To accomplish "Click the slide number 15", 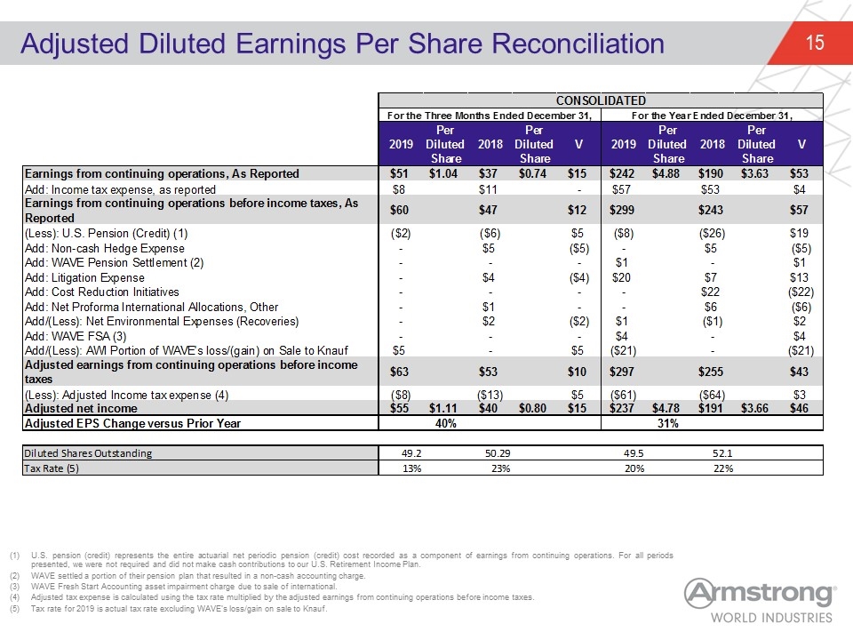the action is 815,43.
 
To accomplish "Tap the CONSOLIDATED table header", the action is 601,100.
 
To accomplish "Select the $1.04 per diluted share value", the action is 443,173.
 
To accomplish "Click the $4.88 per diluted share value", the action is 666,173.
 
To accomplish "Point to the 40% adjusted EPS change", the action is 445,423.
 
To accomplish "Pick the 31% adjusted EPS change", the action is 667,423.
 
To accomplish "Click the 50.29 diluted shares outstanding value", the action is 498,452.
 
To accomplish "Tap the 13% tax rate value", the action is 411,468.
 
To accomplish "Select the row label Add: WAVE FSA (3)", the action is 76,336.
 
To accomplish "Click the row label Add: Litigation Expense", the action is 85,277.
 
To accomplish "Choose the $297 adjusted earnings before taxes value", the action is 622,372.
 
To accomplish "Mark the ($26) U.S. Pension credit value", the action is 712,234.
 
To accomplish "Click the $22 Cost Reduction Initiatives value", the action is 711,292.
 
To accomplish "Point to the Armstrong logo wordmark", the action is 760,593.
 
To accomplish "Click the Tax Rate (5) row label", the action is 52,468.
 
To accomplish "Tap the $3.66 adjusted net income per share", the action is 754,408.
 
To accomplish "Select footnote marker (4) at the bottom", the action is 14,597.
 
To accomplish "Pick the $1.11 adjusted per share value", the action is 443,408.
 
